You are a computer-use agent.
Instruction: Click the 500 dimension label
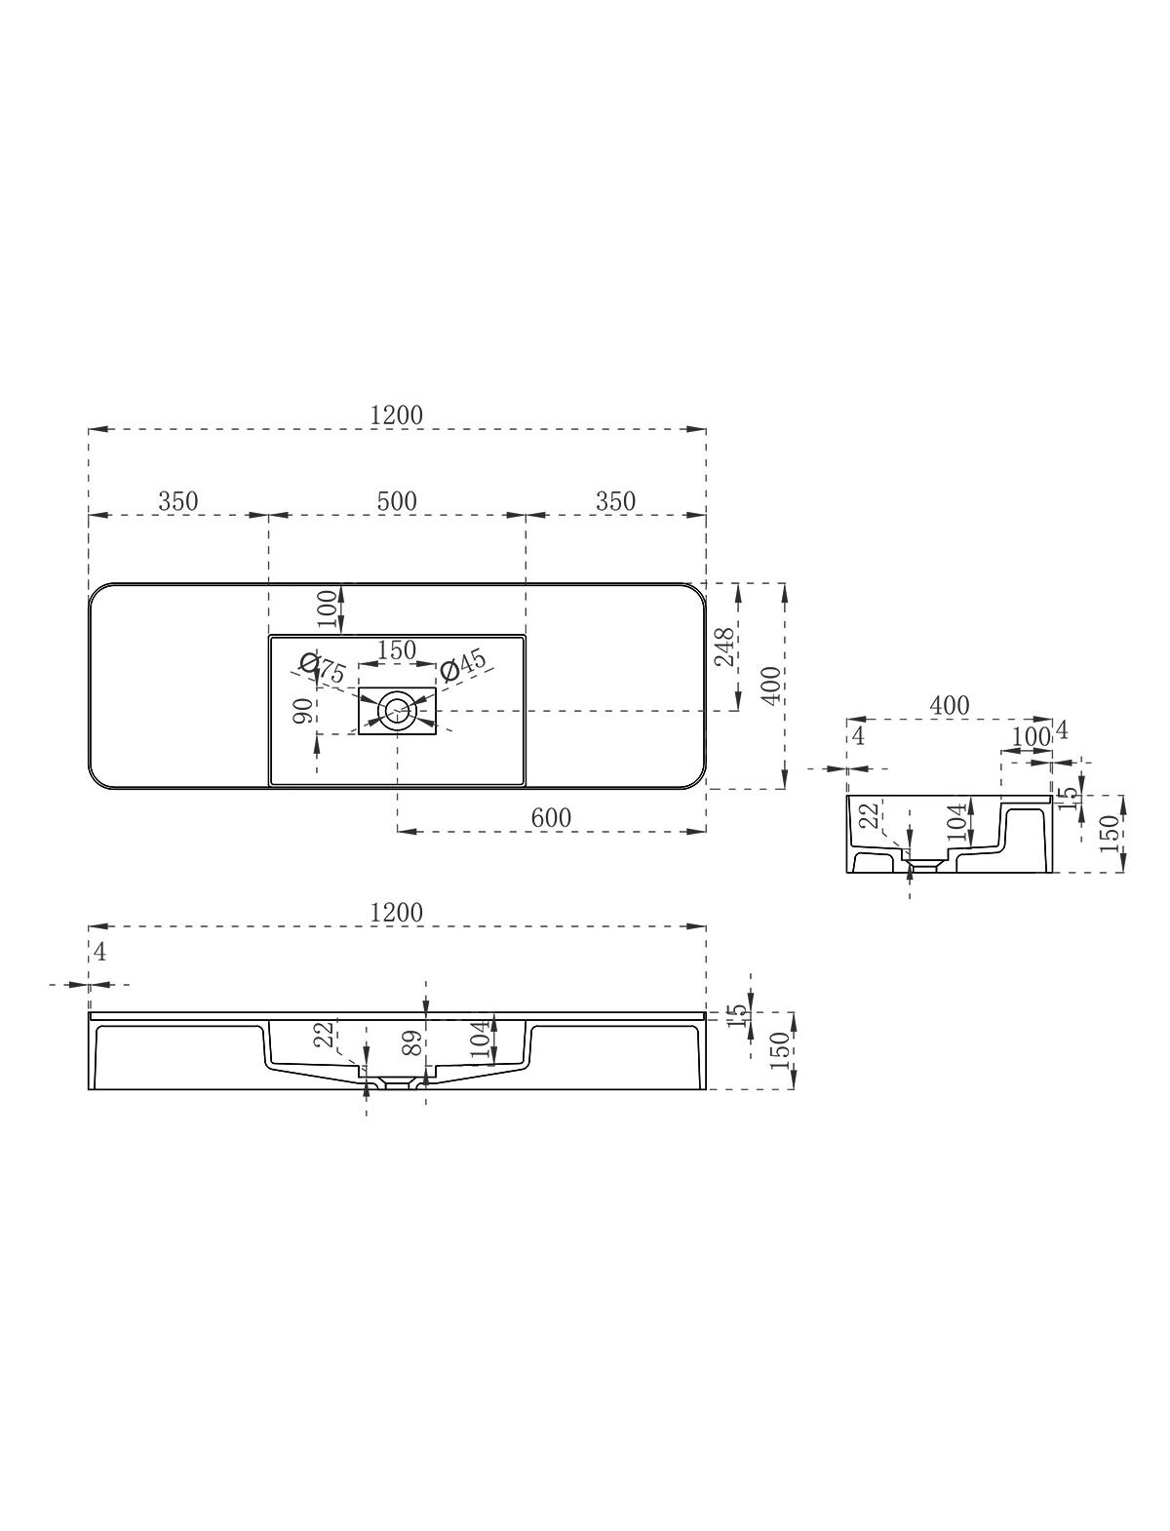coord(397,501)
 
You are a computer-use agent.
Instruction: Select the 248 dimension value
coord(725,647)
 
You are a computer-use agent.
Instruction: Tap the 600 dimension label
coord(551,817)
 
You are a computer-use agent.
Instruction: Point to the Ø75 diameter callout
coord(322,668)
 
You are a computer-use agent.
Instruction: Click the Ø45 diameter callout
coord(464,665)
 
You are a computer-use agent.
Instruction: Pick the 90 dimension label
coord(303,710)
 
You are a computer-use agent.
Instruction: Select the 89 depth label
coord(412,1042)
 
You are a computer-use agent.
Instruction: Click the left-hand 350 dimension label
coord(177,501)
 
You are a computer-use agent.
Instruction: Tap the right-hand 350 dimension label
coord(615,501)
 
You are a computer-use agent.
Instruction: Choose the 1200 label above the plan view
coord(396,415)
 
